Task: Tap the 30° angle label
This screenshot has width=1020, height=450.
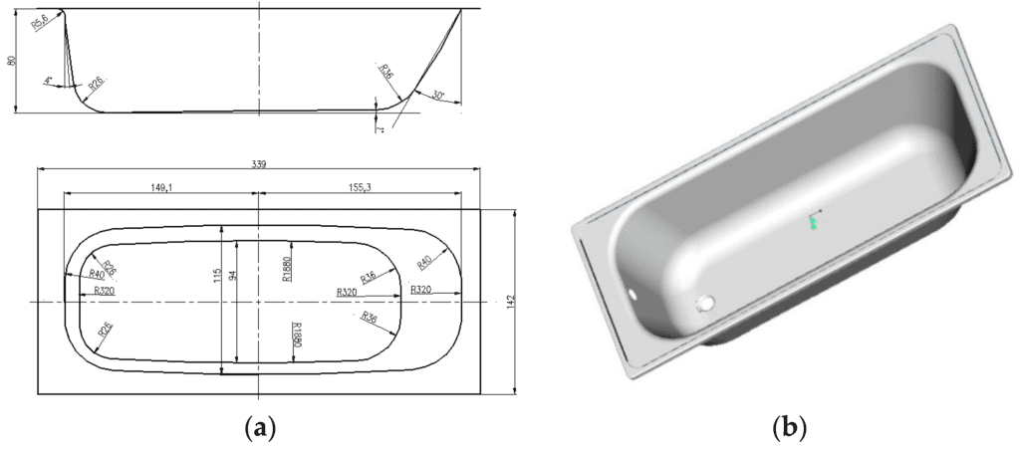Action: point(437,95)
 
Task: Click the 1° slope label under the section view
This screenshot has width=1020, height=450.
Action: point(380,125)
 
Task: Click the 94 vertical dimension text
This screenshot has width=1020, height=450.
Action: point(236,275)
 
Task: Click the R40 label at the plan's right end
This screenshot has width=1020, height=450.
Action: point(424,265)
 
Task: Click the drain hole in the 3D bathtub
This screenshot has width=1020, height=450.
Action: point(707,302)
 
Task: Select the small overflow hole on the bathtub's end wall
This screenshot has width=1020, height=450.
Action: point(634,295)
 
